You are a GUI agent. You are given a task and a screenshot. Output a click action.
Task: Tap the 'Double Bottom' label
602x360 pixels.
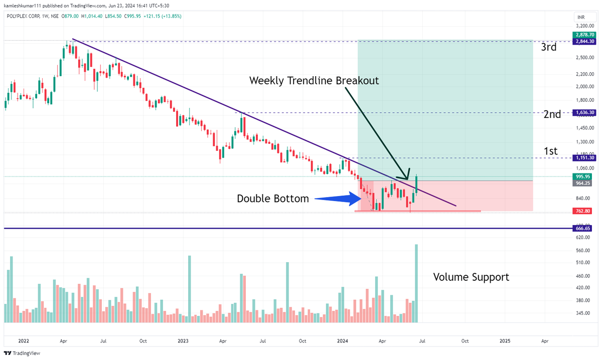[x=273, y=199]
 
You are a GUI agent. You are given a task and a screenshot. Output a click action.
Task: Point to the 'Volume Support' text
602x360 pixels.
[x=471, y=277]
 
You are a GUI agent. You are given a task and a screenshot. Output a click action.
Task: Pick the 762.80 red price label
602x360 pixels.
[x=582, y=211]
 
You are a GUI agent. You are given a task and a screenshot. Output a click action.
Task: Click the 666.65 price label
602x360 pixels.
[x=582, y=229]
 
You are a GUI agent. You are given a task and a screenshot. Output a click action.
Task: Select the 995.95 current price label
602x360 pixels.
[x=582, y=176]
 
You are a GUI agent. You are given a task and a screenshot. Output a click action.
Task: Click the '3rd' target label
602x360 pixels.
[x=548, y=48]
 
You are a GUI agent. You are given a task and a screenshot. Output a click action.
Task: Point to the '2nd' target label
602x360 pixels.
[x=552, y=114]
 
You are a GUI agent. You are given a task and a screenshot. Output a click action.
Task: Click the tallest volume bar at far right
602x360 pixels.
[x=416, y=283]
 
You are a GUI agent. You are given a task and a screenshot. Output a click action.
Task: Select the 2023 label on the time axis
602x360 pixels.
[x=183, y=341]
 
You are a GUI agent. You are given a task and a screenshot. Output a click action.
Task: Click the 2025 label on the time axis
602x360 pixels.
[x=505, y=341]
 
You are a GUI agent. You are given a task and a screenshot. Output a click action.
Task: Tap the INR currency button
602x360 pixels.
[x=581, y=18]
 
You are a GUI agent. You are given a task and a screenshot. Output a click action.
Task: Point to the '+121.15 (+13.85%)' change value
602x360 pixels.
[x=162, y=16]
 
